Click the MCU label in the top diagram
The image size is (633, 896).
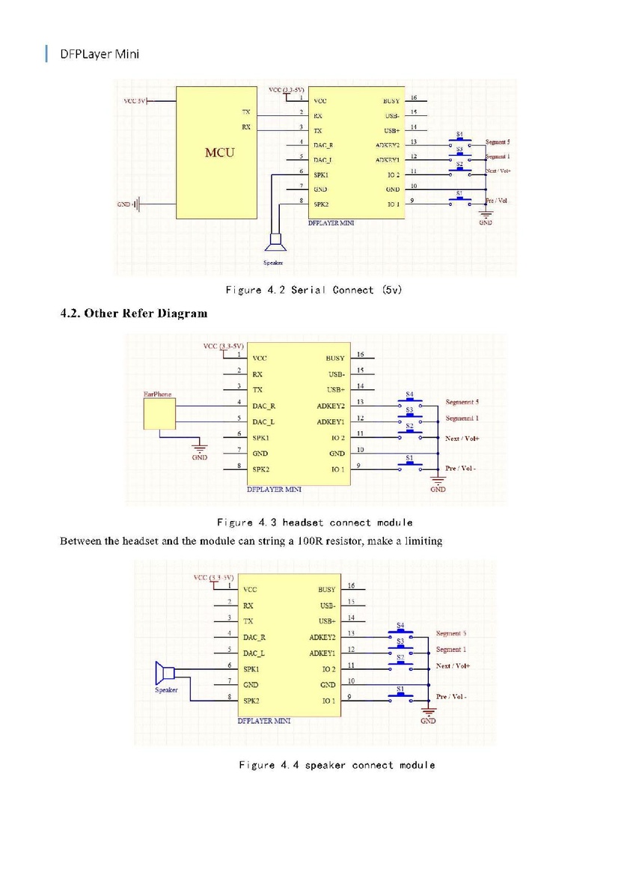219,153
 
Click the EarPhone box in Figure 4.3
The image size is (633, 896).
158,413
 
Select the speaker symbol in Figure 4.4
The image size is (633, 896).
164,673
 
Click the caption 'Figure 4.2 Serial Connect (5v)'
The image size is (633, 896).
314,290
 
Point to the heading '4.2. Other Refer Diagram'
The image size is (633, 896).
134,313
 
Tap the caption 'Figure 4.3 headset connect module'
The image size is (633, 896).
314,522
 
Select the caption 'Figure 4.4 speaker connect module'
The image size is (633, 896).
337,764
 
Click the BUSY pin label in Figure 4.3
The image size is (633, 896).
335,359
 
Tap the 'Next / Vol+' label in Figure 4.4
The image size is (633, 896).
453,665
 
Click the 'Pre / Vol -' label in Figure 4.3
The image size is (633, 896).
461,469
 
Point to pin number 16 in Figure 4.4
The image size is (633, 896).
351,585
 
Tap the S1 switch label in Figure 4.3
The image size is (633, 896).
409,457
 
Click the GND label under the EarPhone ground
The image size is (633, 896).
199,457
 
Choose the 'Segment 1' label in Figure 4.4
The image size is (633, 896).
450,650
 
